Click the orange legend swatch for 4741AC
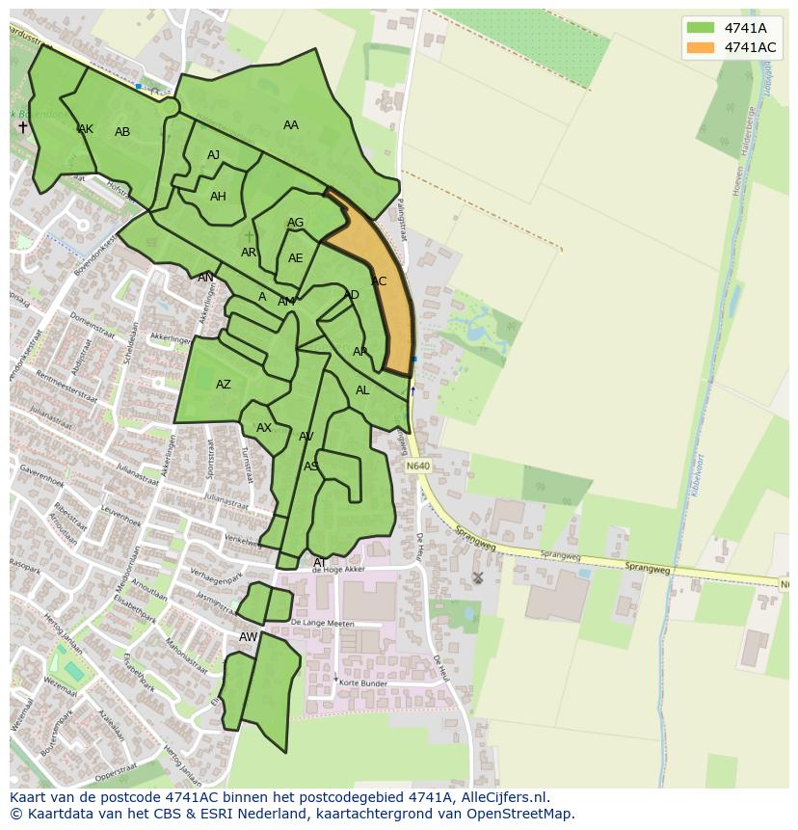click(x=701, y=47)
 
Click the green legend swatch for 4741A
click(x=701, y=28)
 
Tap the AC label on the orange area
click(x=379, y=281)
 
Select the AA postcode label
click(x=290, y=125)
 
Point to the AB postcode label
click(x=122, y=132)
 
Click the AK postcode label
click(x=86, y=129)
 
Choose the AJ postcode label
click(x=214, y=155)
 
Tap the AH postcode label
click(x=218, y=197)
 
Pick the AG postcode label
click(x=295, y=223)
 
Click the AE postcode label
click(x=295, y=258)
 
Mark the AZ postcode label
click(x=224, y=385)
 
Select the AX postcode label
click(x=264, y=428)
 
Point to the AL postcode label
click(x=362, y=390)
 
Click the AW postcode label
click(x=249, y=637)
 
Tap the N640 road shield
click(x=417, y=467)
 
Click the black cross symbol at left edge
click(x=23, y=127)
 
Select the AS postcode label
click(x=311, y=467)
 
